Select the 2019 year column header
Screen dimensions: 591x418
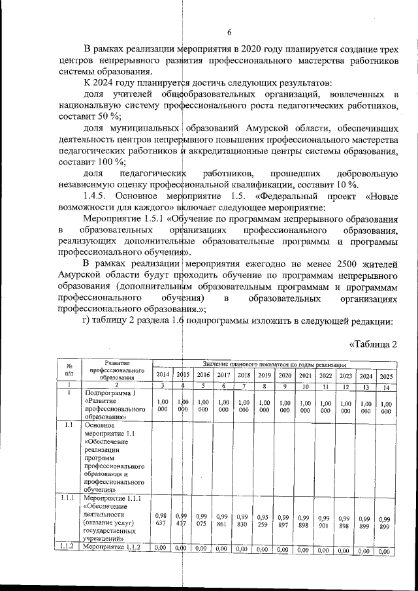(x=264, y=375)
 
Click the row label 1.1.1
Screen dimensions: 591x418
(x=69, y=499)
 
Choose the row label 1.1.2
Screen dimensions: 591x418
(x=69, y=547)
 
